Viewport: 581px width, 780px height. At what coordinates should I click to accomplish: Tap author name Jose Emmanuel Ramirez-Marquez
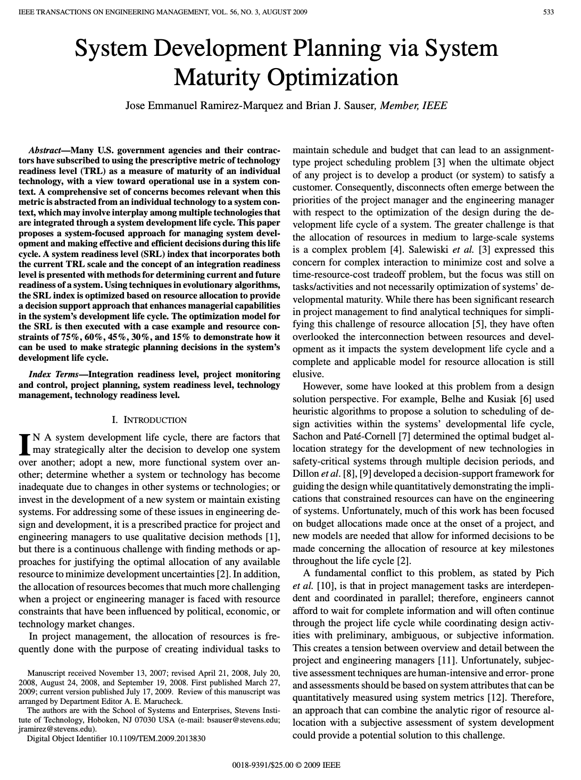pyautogui.click(x=204, y=105)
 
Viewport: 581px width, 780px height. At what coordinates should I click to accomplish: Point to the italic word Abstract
pyautogui.click(x=44, y=151)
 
